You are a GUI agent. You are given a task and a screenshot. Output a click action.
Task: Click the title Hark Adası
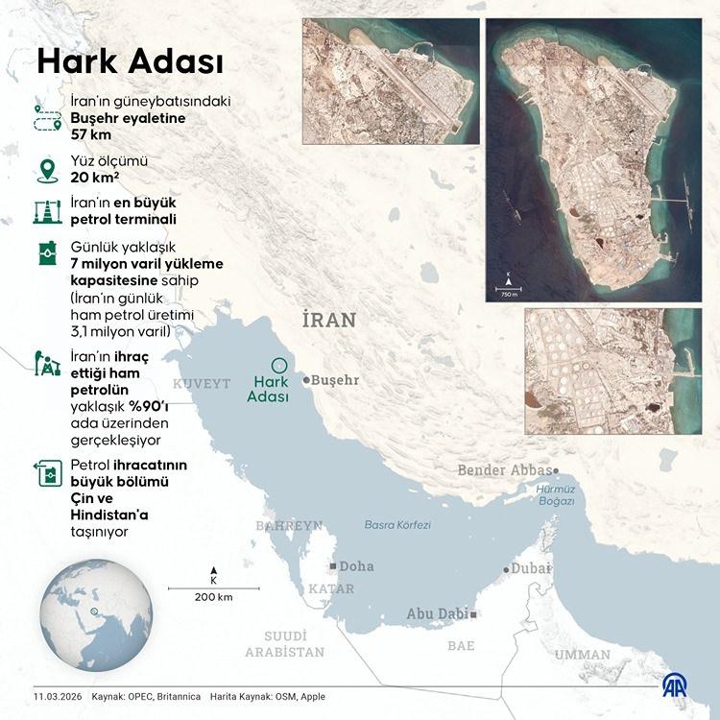point(130,63)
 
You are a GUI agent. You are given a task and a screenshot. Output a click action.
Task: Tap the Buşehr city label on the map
point(332,380)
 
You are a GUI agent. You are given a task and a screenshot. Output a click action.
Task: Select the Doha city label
point(356,566)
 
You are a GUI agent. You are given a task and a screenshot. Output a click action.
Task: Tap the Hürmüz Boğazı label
point(555,494)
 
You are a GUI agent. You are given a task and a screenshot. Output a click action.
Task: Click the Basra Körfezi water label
point(397,525)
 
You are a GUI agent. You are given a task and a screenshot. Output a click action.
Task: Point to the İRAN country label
point(328,320)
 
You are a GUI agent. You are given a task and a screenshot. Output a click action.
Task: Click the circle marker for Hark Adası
point(279,364)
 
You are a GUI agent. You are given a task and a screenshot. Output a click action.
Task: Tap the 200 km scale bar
point(213,588)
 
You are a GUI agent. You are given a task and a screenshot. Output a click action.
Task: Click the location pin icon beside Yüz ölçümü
point(45,169)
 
